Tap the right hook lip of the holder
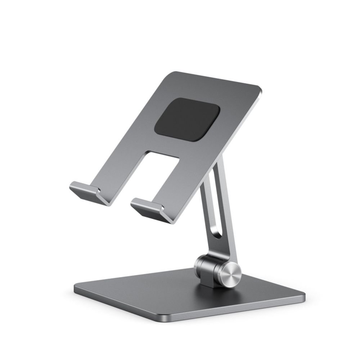point(146,206)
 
